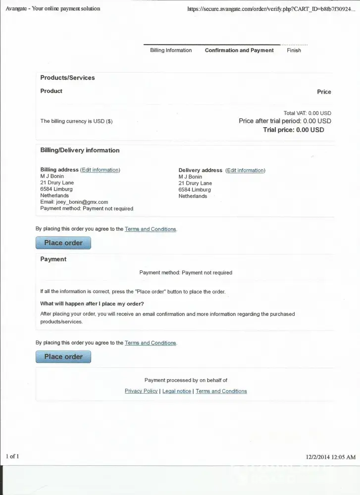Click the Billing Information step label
click(x=171, y=50)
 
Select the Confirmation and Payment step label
click(x=239, y=50)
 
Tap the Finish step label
click(x=294, y=50)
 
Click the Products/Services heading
click(x=67, y=78)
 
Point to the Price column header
click(x=324, y=92)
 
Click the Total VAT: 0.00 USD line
click(x=307, y=113)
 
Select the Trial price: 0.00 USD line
click(x=294, y=130)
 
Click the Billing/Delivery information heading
click(x=80, y=150)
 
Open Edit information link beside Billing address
click(x=100, y=170)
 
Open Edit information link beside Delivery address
click(x=245, y=170)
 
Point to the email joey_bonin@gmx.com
click(x=82, y=202)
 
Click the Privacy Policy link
click(x=141, y=391)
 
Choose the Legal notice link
click(x=176, y=391)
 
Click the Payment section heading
click(x=53, y=259)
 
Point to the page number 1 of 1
click(x=12, y=456)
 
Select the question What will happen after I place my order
click(x=92, y=304)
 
